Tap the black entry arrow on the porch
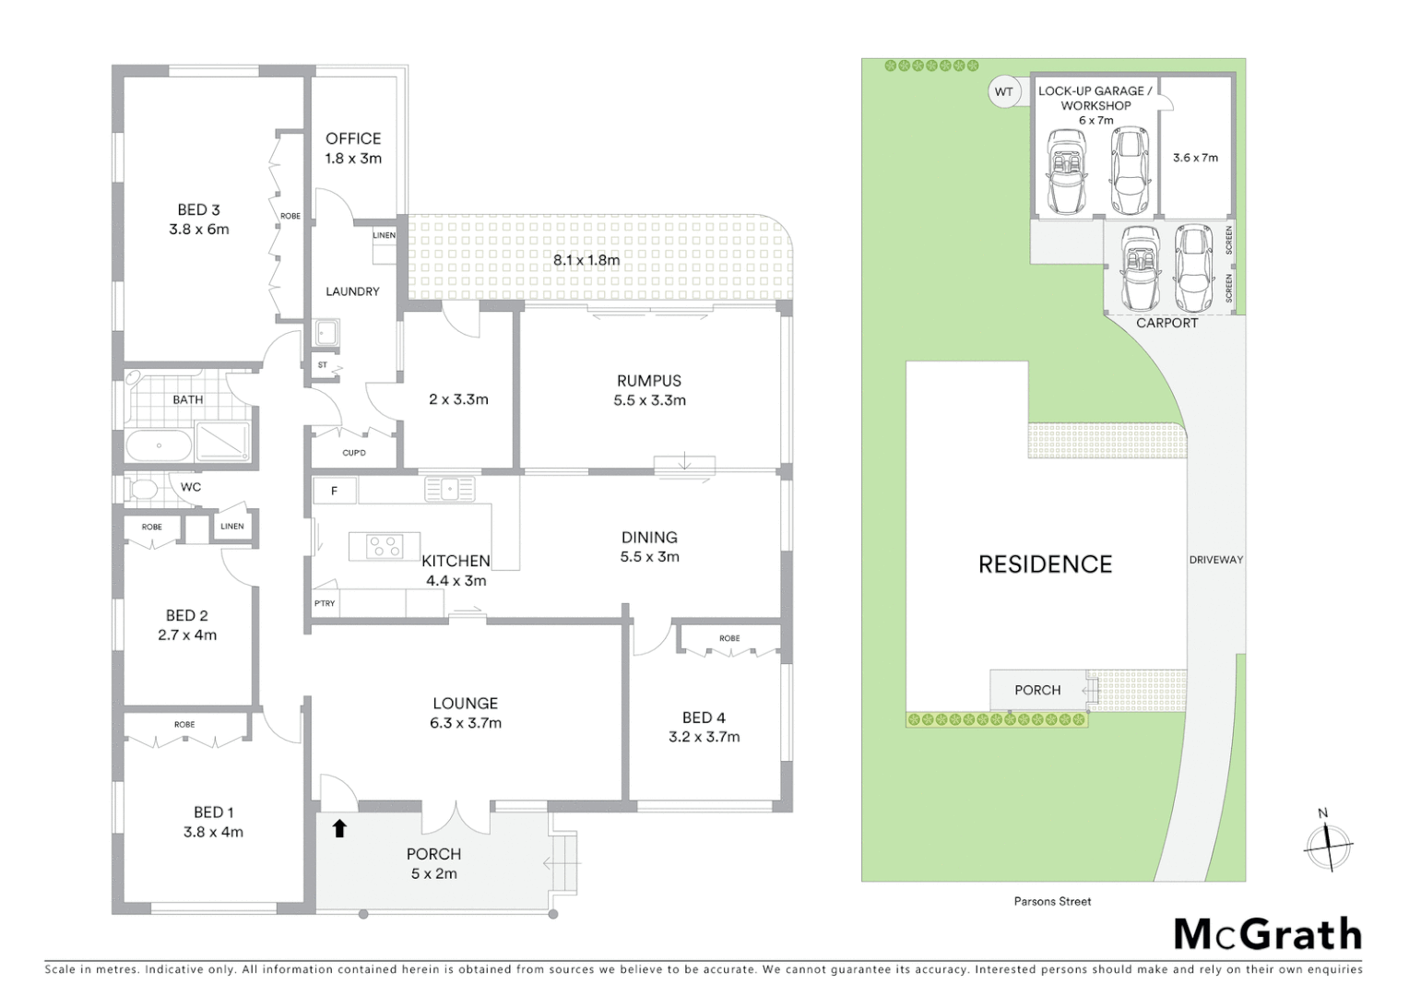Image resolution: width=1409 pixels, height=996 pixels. coord(339,828)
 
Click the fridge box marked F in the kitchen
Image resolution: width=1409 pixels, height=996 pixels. coord(335,491)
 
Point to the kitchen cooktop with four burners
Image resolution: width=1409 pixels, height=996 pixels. coord(385,547)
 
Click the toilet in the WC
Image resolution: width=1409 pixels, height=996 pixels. coord(143,487)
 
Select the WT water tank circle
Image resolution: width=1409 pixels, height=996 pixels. coord(1003,92)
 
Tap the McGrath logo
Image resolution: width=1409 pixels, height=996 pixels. coord(1267,934)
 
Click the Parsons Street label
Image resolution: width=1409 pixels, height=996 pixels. coord(1052,901)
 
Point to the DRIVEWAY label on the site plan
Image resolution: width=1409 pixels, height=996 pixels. coord(1215,560)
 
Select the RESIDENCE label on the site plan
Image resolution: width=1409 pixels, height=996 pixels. coord(1045,564)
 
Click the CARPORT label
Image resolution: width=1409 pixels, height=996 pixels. coord(1166,323)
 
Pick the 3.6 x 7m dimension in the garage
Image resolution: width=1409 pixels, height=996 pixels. coord(1195,158)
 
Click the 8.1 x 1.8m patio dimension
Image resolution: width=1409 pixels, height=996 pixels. coord(586,260)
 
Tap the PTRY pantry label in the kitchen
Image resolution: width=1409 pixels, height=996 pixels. coord(325,603)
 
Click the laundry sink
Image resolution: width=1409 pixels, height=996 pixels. coord(326,332)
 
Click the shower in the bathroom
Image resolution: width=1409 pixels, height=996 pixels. coord(222,441)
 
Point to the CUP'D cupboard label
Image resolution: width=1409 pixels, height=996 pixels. coord(354,453)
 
